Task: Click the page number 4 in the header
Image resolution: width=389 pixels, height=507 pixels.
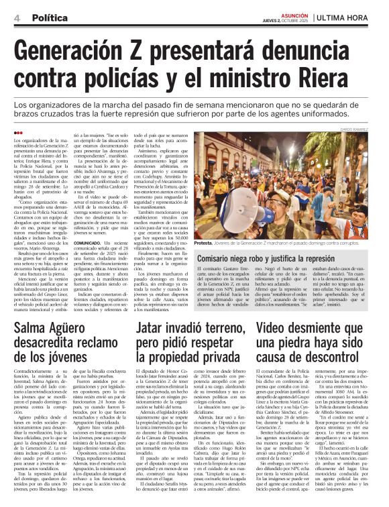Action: point(15,18)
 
